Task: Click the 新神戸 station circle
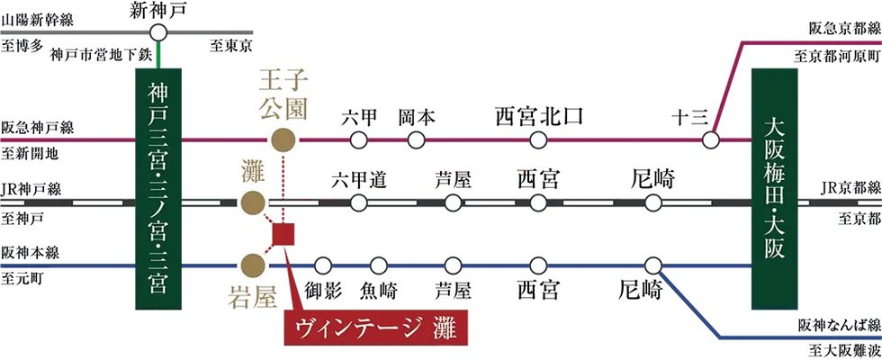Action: click(x=159, y=32)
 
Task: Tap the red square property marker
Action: click(x=283, y=235)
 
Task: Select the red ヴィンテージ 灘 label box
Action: click(x=377, y=326)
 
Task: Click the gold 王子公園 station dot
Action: click(x=283, y=139)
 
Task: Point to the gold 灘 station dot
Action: click(x=253, y=202)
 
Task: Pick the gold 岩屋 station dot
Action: click(x=253, y=265)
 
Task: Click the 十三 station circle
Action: click(x=711, y=139)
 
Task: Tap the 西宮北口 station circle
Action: click(x=538, y=139)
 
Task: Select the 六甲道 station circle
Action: click(x=358, y=202)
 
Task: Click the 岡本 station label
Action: click(x=416, y=118)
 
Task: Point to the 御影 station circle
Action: click(x=323, y=265)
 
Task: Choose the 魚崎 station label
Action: click(x=378, y=292)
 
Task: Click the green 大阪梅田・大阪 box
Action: click(x=775, y=188)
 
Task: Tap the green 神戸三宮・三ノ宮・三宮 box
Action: click(x=158, y=188)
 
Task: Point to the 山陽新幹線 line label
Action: click(x=38, y=22)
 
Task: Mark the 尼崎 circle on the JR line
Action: click(x=653, y=202)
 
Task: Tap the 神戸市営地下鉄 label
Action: click(x=101, y=55)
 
